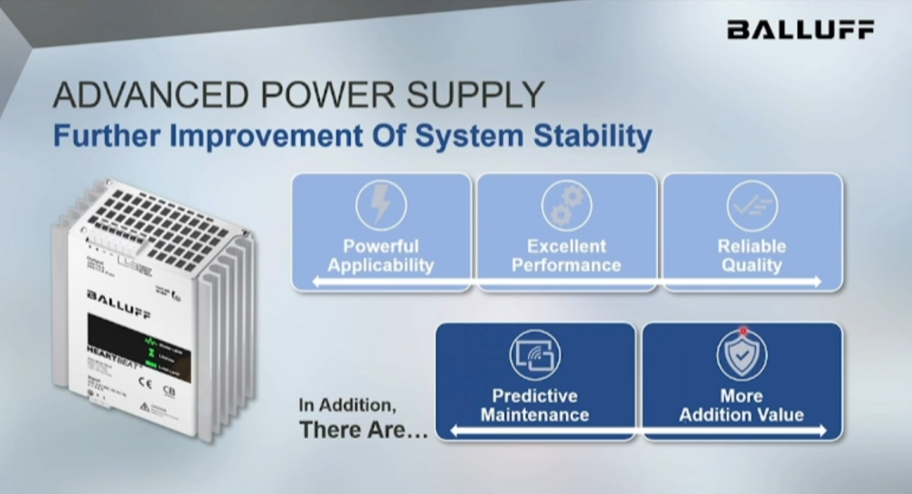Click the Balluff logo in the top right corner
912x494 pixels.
point(800,30)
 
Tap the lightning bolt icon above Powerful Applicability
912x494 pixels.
point(381,205)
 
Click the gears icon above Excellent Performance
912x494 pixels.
point(567,205)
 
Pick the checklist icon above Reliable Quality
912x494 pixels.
point(752,205)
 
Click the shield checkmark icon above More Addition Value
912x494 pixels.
point(741,356)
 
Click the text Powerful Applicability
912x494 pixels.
point(381,256)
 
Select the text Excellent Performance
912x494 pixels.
point(567,256)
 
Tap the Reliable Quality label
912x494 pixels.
point(752,256)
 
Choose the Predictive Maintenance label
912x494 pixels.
point(534,405)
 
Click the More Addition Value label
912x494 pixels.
point(741,405)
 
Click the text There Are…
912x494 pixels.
point(363,430)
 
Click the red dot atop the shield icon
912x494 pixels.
point(742,331)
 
